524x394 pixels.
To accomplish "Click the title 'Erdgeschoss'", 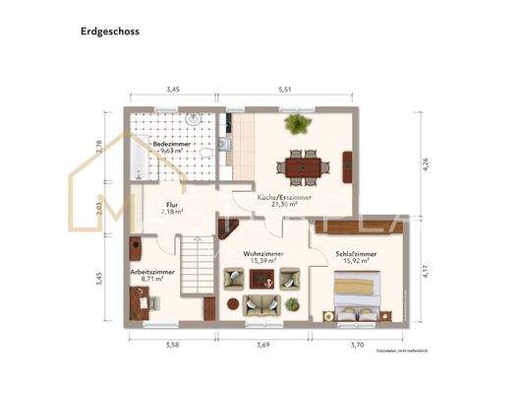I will point(109,32).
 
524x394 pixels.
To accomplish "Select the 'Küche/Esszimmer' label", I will point(284,197).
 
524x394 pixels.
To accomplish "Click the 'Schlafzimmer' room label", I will point(355,254).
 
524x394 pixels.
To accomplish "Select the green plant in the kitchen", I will point(295,124).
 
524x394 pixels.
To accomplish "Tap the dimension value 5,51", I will point(285,90).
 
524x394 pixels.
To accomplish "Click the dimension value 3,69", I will point(263,345).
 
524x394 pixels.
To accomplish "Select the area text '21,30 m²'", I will point(284,204).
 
